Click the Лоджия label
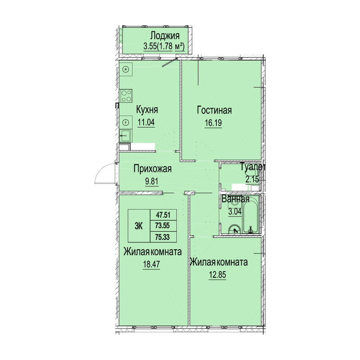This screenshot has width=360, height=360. point(165,36)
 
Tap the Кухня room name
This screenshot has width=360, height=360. point(147,109)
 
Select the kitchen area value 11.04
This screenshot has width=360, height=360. point(146,122)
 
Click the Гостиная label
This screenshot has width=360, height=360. point(214,110)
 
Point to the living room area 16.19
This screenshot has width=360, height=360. point(213,123)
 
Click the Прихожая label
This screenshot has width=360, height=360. point(153,169)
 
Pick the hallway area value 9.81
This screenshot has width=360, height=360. point(152,181)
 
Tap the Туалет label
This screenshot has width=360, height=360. point(253,167)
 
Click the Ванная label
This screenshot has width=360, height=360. point(235,199)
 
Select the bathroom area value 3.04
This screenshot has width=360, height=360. point(235,211)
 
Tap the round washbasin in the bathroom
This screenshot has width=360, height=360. point(234,229)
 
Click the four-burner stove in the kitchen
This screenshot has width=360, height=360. point(127,96)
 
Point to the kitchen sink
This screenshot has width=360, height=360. point(126,135)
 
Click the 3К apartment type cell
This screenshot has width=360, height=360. point(139,226)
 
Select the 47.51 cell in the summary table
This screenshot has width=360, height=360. point(163,215)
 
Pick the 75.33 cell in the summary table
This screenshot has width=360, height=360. point(163,237)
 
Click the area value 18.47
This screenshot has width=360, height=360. point(152,264)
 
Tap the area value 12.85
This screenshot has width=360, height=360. point(217,274)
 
